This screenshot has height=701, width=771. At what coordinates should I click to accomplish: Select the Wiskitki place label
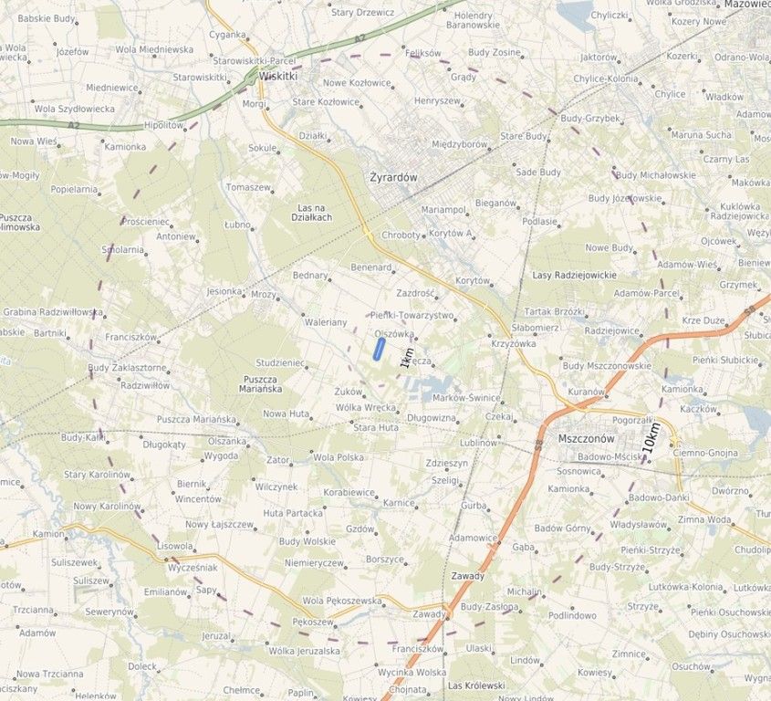[x=278, y=77]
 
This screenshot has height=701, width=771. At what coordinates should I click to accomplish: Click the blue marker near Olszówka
[x=378, y=349]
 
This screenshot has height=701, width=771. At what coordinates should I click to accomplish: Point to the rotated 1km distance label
[x=407, y=358]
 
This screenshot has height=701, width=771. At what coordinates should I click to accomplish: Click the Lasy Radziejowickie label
[x=574, y=275]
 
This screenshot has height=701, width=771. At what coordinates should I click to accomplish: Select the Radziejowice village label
[x=611, y=330]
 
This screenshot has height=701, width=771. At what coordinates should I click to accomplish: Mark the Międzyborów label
[x=460, y=143]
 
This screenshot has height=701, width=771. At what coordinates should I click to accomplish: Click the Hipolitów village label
[x=164, y=124]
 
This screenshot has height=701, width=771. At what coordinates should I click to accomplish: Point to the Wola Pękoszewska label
[x=342, y=601]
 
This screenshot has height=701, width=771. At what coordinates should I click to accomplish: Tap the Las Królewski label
[x=476, y=685]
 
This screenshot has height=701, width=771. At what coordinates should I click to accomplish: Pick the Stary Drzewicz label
[x=362, y=13]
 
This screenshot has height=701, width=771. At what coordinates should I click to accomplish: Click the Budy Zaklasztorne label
[x=127, y=368]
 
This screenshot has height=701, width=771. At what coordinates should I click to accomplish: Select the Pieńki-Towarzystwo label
[x=412, y=315]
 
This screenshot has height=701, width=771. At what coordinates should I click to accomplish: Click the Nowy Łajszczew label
[x=219, y=525]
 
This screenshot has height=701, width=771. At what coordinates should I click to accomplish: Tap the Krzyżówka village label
[x=514, y=343]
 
